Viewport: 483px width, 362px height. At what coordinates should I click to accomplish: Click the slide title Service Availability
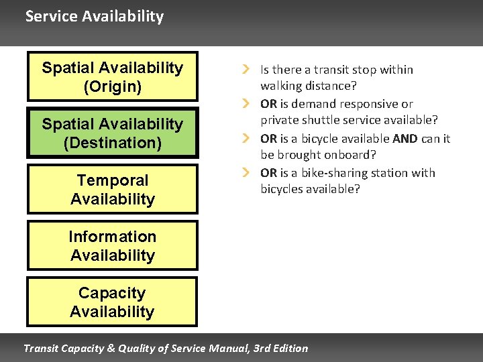point(94,16)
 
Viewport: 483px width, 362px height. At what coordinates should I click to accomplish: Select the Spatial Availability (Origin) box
point(112,76)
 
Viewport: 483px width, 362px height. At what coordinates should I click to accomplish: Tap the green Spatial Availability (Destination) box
point(112,133)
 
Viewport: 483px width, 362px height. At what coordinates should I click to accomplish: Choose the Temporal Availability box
point(112,189)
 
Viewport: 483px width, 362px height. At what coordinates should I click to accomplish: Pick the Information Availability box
point(112,245)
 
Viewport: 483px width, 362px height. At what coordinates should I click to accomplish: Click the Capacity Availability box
point(112,302)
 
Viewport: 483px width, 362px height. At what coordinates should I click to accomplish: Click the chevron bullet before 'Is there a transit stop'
point(246,70)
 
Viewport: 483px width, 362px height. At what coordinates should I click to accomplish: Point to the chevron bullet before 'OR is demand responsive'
point(246,104)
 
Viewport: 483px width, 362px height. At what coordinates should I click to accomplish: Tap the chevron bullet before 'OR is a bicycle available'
point(246,139)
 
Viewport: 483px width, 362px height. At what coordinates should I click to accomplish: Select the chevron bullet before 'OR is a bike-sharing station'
point(246,173)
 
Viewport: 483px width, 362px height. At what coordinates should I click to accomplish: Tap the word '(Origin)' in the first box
point(112,86)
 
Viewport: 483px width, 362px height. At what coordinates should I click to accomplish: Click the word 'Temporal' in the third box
point(112,180)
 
